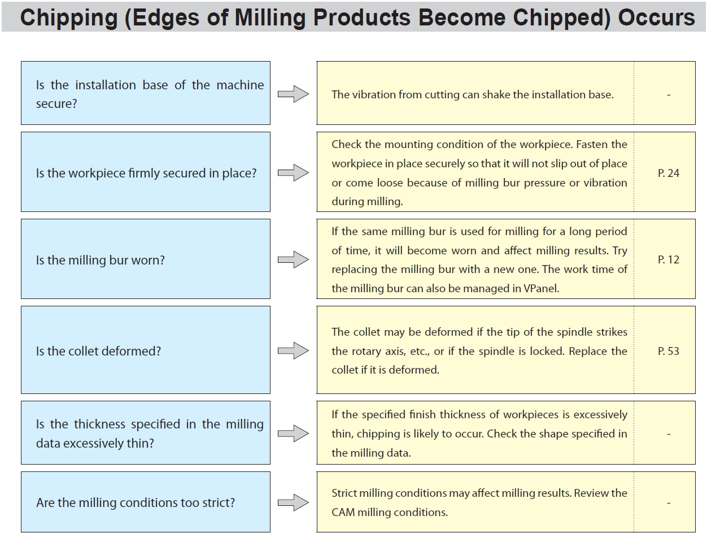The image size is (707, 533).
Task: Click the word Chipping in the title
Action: tap(69, 18)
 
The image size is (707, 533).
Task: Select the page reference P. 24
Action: tap(669, 173)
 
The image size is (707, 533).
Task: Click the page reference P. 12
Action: tap(669, 259)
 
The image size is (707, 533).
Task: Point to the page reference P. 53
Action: tap(669, 351)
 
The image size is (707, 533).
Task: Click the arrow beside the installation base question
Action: tap(294, 94)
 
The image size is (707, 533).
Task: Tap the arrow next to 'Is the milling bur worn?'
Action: tap(294, 259)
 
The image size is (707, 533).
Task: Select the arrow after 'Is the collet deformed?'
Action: tap(294, 350)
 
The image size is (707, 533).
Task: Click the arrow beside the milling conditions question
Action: tap(294, 502)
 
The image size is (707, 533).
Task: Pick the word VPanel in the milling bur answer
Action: tap(541, 288)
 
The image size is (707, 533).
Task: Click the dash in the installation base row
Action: tap(669, 95)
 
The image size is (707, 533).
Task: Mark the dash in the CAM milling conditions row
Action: tap(669, 503)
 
